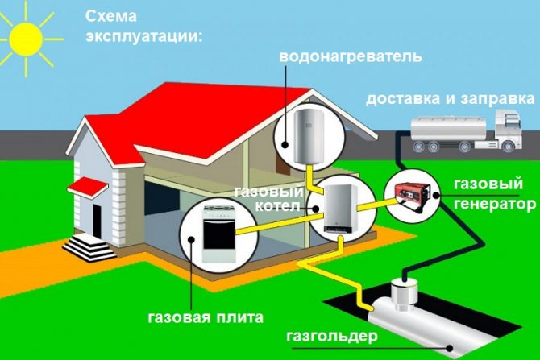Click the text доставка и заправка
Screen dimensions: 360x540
(450, 100)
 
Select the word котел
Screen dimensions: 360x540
(278, 206)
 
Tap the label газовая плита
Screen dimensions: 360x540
(206, 315)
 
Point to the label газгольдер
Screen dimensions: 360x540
(323, 334)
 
